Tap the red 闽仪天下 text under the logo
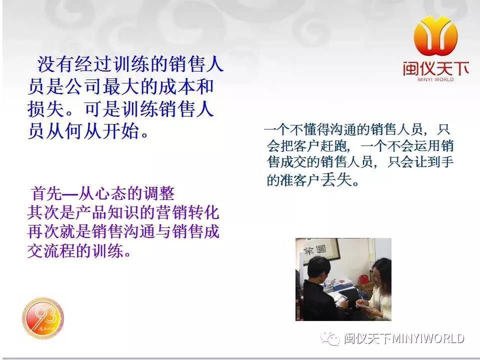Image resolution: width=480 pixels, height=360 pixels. point(436,68)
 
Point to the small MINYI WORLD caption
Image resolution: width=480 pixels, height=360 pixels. point(436,79)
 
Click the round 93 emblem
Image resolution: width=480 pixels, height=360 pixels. point(43,318)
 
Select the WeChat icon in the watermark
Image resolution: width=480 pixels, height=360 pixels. point(330,338)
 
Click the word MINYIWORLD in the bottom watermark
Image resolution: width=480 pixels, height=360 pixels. point(428,338)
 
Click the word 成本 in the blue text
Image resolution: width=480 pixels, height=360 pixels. point(167,87)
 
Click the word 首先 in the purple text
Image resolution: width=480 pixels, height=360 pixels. point(46,193)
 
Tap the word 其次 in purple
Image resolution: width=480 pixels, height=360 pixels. point(42,212)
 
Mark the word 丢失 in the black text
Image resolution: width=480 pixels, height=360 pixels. point(336,179)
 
